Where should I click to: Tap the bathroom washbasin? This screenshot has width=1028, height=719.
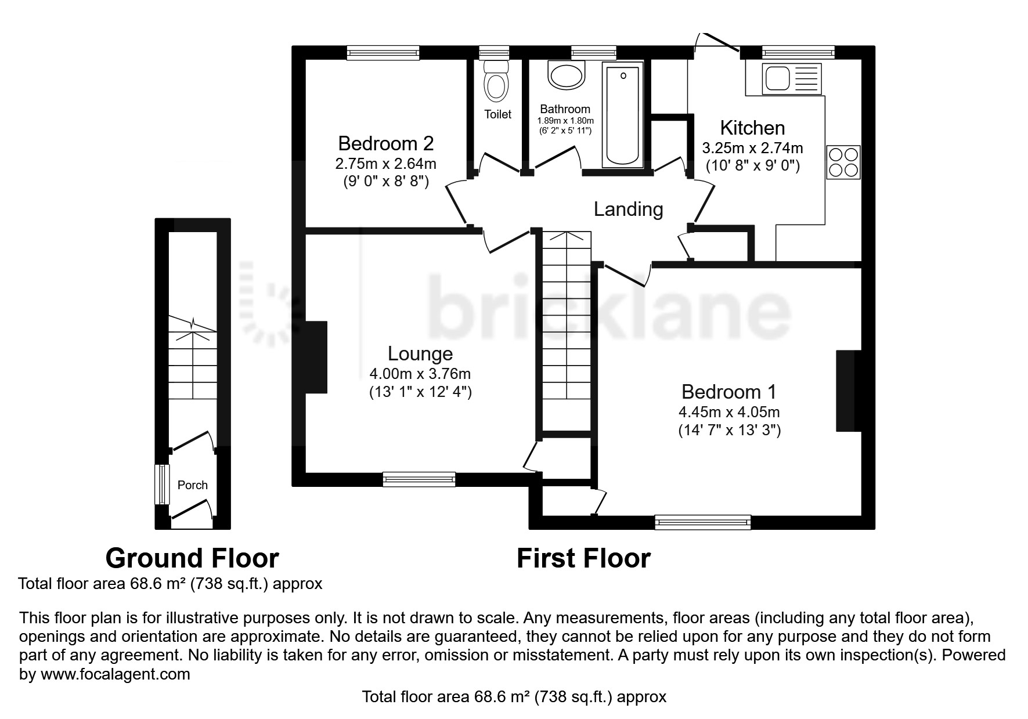point(567,75)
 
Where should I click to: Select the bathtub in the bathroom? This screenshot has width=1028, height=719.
point(623,114)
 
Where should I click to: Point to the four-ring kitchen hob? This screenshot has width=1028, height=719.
point(843,162)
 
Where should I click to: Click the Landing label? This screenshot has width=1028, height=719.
point(628,209)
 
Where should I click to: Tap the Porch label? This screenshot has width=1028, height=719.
point(192,485)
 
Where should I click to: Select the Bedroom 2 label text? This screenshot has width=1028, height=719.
point(386,143)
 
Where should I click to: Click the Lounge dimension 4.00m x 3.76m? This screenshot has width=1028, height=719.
point(420,374)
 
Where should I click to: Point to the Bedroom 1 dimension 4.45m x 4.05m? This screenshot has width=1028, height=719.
point(729,412)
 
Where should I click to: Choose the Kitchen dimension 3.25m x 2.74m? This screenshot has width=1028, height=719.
point(753,148)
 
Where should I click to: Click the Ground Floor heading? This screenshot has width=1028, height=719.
point(192,558)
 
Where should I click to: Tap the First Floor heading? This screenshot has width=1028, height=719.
point(583,558)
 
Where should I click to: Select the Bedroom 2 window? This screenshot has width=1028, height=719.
point(383,53)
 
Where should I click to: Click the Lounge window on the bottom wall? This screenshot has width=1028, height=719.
point(419,479)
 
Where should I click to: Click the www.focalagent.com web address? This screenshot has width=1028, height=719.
point(115,674)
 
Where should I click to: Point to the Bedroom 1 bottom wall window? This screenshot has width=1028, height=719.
point(703,522)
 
